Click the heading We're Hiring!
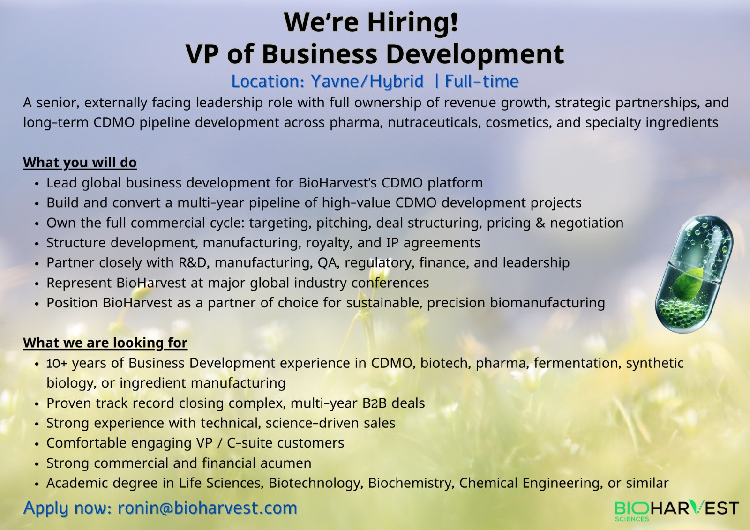click(x=371, y=22)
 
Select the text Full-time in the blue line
click(x=482, y=82)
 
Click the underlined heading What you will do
click(x=80, y=163)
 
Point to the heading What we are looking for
click(x=105, y=343)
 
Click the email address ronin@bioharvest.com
click(x=207, y=508)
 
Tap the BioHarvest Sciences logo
click(x=677, y=511)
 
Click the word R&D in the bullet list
click(x=194, y=263)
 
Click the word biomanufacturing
click(x=547, y=303)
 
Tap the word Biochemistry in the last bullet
click(x=411, y=484)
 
